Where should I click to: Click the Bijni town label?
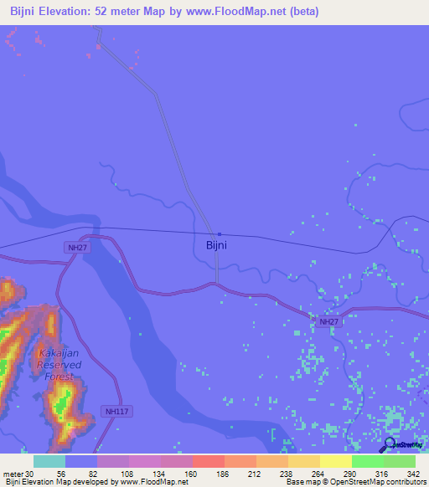tap(216, 246)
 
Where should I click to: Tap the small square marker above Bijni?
tap(219, 234)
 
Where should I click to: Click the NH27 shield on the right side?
tap(328, 320)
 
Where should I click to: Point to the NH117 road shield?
tap(117, 411)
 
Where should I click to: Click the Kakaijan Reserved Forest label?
tap(59, 365)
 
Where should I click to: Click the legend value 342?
tap(412, 474)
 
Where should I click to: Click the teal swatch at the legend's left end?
tap(49, 461)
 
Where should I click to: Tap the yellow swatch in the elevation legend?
tap(335, 461)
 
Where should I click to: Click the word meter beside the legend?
tap(13, 474)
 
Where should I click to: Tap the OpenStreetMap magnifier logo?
tap(390, 444)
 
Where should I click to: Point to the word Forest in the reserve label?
tap(59, 377)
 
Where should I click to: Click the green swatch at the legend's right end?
tap(399, 461)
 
